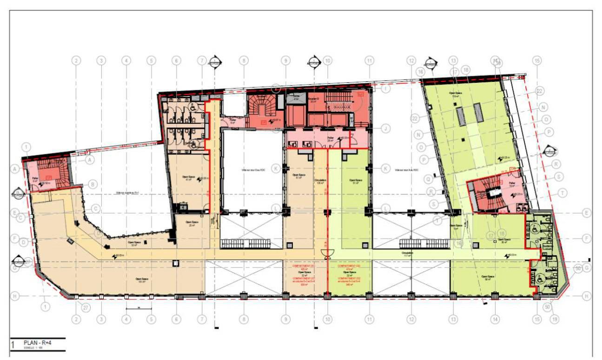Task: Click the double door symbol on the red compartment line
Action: [328, 253]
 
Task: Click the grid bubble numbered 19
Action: [554, 319]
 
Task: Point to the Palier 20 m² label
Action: [331, 139]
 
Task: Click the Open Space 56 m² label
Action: [487, 278]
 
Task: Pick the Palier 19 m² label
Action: [512, 185]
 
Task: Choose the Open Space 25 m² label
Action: [192, 223]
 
